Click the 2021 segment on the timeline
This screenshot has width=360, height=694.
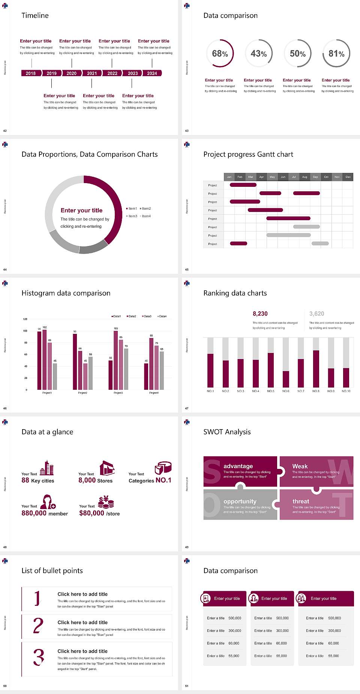click(92, 73)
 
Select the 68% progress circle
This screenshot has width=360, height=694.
click(220, 54)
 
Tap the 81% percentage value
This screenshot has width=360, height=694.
click(336, 54)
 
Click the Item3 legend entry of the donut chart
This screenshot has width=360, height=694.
click(132, 216)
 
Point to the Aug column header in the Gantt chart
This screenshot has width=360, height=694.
click(304, 177)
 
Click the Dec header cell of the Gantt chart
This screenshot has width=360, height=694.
click(348, 177)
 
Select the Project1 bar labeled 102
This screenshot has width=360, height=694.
click(45, 358)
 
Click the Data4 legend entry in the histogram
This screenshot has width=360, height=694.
click(162, 316)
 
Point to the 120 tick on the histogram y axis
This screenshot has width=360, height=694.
click(25, 319)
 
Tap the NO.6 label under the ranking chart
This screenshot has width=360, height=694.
click(286, 391)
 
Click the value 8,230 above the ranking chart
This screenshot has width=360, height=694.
click(260, 314)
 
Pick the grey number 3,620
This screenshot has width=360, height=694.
click(317, 314)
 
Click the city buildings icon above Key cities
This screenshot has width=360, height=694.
click(47, 468)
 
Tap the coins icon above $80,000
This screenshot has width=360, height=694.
click(106, 502)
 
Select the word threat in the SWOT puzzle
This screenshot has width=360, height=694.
click(301, 501)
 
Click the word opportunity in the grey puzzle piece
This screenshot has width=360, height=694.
click(240, 501)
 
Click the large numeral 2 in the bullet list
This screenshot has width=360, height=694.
click(38, 626)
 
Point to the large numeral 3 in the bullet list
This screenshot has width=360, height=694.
click(39, 657)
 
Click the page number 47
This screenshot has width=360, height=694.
click(187, 408)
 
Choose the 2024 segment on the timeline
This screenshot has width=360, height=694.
click(152, 73)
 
